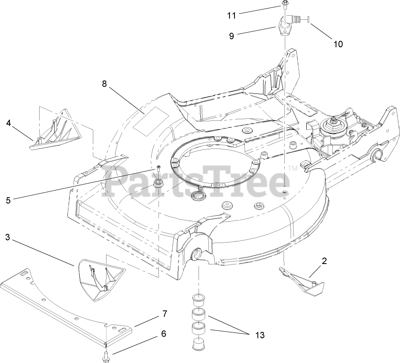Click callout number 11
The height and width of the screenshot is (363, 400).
click(231, 16)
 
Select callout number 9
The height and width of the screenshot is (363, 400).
click(232, 36)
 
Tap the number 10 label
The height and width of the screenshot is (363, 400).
click(338, 44)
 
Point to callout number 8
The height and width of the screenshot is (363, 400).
click(104, 84)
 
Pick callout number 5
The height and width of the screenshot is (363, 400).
click(9, 200)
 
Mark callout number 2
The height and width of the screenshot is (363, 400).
click(324, 261)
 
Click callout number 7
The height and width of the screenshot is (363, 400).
click(165, 313)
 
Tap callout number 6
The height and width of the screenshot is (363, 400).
click(164, 334)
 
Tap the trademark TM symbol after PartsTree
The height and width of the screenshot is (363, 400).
click(292, 169)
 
